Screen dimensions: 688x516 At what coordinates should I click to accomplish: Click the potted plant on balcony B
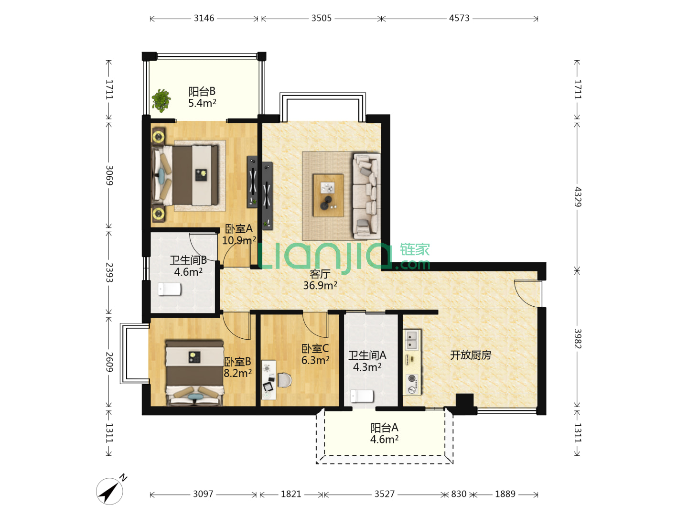[161, 100]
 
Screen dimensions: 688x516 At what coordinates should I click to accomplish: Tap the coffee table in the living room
[328, 195]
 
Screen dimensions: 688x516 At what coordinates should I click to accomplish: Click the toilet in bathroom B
[169, 289]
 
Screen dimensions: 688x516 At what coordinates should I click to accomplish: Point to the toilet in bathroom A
[362, 396]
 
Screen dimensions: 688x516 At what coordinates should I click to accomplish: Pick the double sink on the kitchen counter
[412, 340]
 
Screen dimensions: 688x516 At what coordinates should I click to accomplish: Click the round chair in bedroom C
[285, 380]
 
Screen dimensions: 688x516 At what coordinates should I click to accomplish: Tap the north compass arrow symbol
[109, 491]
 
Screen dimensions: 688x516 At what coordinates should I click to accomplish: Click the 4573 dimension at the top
[459, 18]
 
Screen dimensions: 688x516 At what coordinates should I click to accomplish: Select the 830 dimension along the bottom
[459, 494]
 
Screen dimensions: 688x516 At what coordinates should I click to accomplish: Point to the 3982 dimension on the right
[577, 339]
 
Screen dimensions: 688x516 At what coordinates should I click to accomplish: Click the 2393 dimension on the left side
[109, 272]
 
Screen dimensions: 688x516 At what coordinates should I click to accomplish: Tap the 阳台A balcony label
[384, 428]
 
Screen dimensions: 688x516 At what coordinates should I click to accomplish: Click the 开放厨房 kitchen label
[471, 355]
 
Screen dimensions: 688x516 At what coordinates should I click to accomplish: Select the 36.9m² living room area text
[320, 285]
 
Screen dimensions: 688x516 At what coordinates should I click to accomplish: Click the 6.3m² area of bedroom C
[315, 360]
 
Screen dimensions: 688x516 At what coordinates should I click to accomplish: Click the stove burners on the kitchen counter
[412, 384]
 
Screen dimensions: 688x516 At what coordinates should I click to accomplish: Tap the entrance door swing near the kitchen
[527, 293]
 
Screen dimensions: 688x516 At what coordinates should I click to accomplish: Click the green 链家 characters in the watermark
[415, 250]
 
